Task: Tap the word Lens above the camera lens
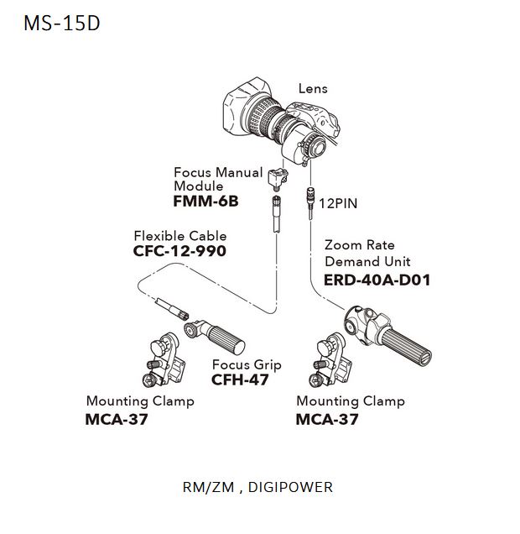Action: tap(313, 88)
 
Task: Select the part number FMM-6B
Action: tap(206, 202)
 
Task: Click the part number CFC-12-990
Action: tap(179, 250)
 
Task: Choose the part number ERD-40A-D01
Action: tap(377, 280)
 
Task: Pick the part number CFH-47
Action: tap(241, 380)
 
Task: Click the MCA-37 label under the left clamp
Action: tap(117, 418)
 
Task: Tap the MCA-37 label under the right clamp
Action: tap(327, 418)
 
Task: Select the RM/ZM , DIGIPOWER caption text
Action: tap(257, 487)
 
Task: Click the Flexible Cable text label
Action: tap(179, 236)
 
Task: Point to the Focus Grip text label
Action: tap(247, 365)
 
